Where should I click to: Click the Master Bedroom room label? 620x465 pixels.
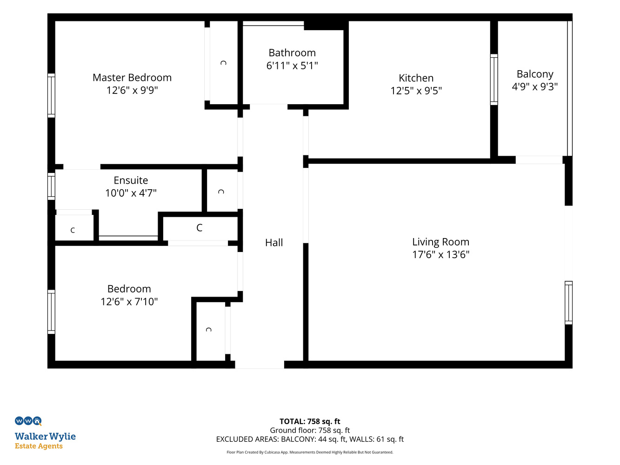pyautogui.click(x=132, y=77)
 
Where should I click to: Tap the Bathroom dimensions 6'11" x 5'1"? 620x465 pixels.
pyautogui.click(x=292, y=66)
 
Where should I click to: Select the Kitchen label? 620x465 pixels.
pyautogui.click(x=416, y=78)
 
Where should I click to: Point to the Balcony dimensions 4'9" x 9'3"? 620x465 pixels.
pyautogui.click(x=534, y=86)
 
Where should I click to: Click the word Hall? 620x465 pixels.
pyautogui.click(x=273, y=242)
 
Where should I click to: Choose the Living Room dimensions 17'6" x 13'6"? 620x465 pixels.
pyautogui.click(x=440, y=254)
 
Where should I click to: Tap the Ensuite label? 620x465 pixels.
pyautogui.click(x=131, y=180)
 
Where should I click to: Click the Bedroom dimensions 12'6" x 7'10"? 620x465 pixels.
pyautogui.click(x=129, y=301)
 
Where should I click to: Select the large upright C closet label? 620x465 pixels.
pyautogui.click(x=199, y=227)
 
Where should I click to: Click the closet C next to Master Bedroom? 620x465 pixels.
pyautogui.click(x=223, y=63)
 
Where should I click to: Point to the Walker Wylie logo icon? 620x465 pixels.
pyautogui.click(x=28, y=421)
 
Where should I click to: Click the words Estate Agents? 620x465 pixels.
pyautogui.click(x=39, y=446)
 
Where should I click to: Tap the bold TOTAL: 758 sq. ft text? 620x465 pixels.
pyautogui.click(x=310, y=421)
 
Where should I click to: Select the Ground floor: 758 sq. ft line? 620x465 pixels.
pyautogui.click(x=310, y=430)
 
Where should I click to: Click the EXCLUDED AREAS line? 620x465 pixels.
pyautogui.click(x=310, y=439)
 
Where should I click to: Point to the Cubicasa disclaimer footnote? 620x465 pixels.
pyautogui.click(x=310, y=452)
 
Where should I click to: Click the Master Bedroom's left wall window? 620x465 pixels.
pyautogui.click(x=51, y=95)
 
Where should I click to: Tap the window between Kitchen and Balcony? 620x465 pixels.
pyautogui.click(x=494, y=80)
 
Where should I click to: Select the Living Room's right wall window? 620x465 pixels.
pyautogui.click(x=568, y=302)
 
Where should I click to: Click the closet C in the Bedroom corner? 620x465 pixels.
pyautogui.click(x=208, y=330)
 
